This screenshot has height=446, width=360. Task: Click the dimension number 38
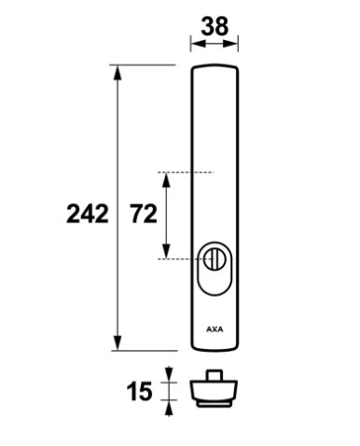pyautogui.click(x=215, y=26)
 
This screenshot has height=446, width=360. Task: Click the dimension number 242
pyautogui.click(x=88, y=214)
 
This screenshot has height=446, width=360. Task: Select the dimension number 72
pyautogui.click(x=144, y=214)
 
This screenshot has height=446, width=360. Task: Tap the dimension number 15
pyautogui.click(x=139, y=392)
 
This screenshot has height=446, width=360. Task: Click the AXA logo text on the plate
pyautogui.click(x=215, y=329)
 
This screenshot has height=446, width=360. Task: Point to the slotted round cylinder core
pyautogui.click(x=213, y=258)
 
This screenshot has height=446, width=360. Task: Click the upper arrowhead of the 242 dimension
pyautogui.click(x=118, y=73)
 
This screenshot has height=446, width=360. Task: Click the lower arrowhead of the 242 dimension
pyautogui.click(x=118, y=342)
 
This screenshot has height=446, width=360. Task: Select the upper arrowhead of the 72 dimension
pyautogui.click(x=167, y=180)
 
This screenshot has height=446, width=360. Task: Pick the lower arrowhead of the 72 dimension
pyautogui.click(x=167, y=251)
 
